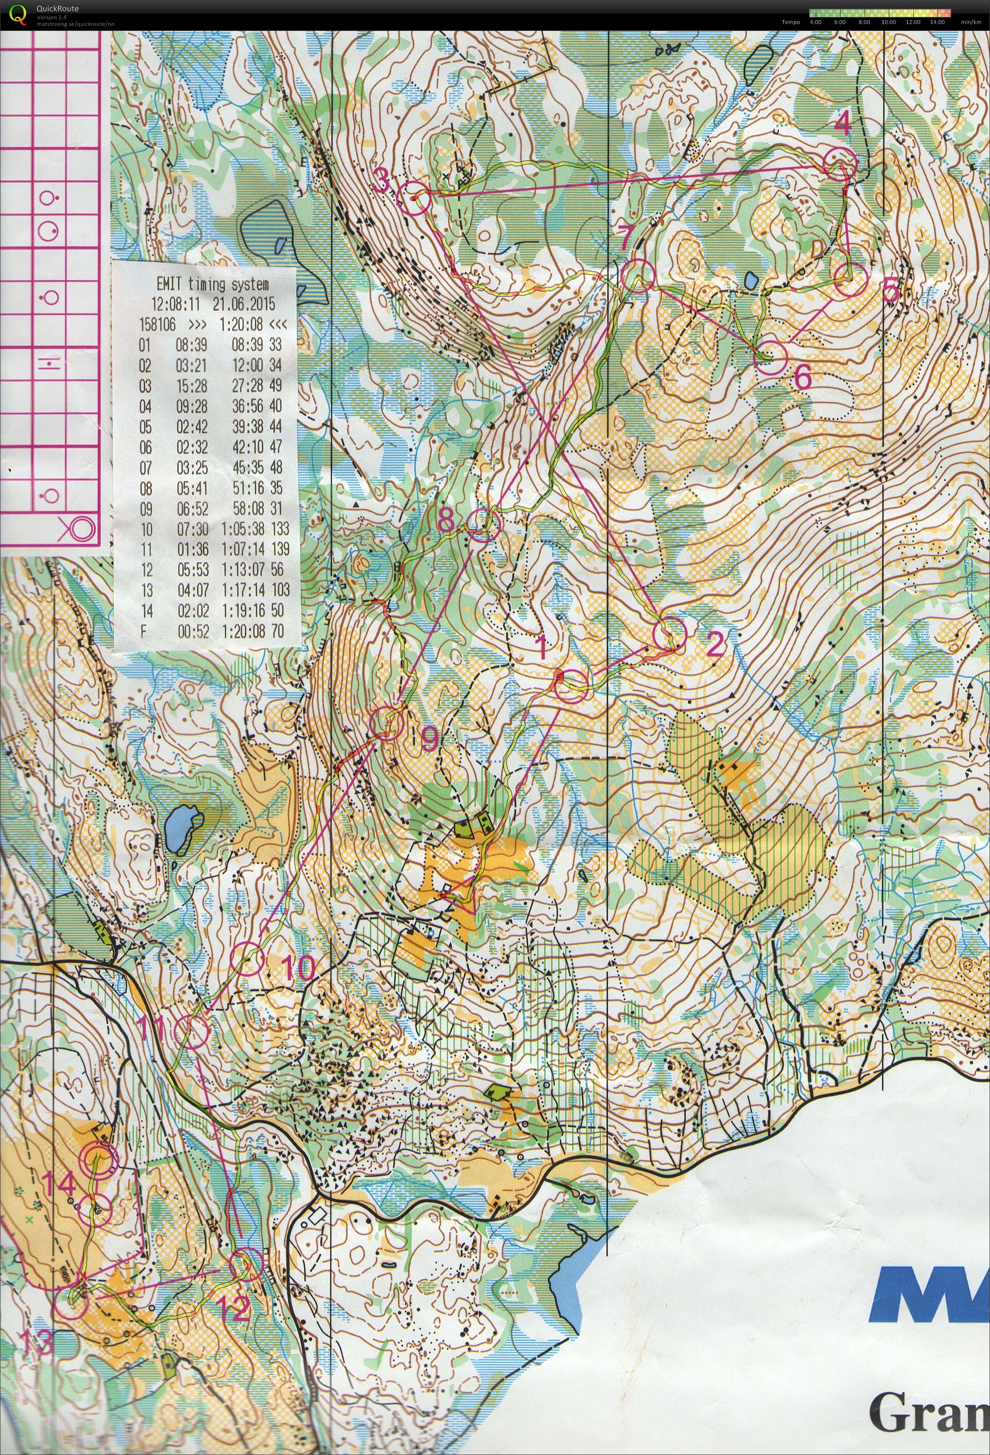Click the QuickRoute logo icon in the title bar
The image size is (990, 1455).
pos(19,14)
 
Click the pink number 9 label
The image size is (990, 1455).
pos(429,739)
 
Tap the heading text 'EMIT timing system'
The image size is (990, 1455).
pos(213,285)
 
